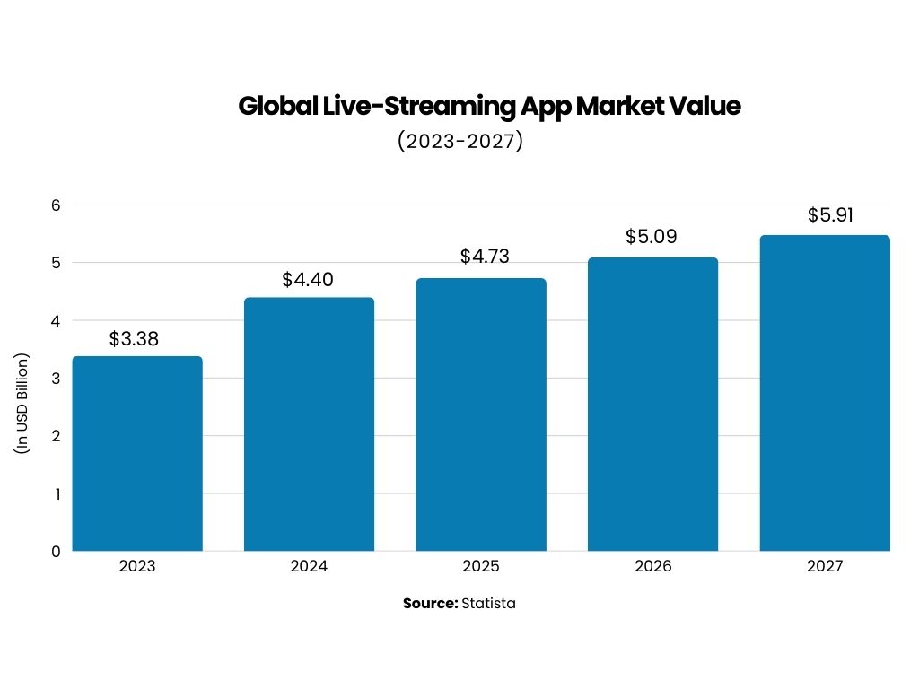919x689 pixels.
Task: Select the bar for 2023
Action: [137, 453]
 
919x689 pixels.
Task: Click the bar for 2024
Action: [309, 423]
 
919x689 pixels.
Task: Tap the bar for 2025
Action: [481, 414]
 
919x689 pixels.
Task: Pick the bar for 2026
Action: [652, 404]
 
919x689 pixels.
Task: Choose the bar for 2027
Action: [824, 393]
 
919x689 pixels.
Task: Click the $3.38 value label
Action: [134, 339]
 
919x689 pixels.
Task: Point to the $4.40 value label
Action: [308, 280]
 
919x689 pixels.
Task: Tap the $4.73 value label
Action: [485, 257]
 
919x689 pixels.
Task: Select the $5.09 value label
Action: [652, 238]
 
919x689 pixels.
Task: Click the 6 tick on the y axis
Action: [55, 205]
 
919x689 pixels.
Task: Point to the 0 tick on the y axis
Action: [55, 551]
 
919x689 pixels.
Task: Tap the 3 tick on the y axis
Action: [55, 378]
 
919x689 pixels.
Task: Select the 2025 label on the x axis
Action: [481, 567]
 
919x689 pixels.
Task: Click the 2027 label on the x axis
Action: [824, 567]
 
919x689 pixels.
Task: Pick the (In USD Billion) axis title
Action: [22, 403]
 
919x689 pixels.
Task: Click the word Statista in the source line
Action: [488, 604]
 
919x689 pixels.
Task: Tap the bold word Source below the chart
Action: [430, 604]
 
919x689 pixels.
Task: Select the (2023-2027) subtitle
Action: [459, 142]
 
